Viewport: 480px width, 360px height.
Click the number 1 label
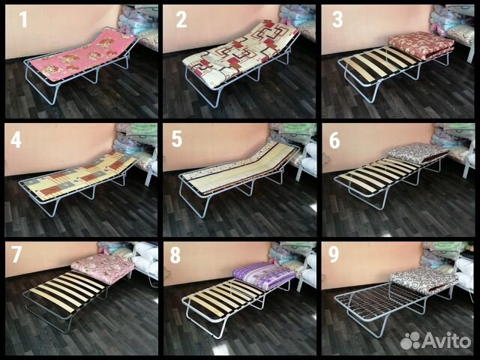tap(23, 19)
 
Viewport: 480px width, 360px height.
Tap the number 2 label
tap(181, 19)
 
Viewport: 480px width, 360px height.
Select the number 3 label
tap(337, 19)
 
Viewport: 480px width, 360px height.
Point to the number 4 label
tap(16, 140)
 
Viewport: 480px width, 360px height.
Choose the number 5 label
tap(177, 139)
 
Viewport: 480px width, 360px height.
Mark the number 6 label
tap(334, 141)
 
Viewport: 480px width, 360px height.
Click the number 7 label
tap(16, 253)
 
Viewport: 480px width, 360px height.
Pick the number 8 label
tap(175, 255)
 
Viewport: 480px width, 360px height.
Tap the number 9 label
tap(334, 255)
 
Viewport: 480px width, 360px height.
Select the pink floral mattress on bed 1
tap(87, 55)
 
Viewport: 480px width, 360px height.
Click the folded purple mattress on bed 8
tap(264, 275)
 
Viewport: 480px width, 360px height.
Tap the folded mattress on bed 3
tap(421, 45)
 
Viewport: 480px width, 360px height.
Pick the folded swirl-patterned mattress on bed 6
tap(418, 154)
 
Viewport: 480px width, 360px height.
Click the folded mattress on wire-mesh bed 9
tap(424, 279)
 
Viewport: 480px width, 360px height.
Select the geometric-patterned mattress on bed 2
tap(240, 55)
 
